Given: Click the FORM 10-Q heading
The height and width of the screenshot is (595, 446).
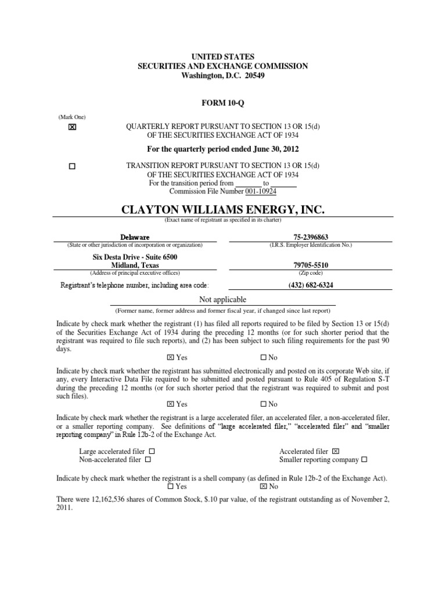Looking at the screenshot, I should pos(222,102).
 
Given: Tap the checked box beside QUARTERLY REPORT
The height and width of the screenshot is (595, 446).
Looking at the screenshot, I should pos(72,128).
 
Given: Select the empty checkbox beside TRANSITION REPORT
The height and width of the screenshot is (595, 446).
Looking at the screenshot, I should pos(72,166).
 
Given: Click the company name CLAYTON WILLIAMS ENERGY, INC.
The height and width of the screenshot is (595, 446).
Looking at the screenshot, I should pos(222,209).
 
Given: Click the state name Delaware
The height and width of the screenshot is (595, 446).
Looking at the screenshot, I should pos(135,238).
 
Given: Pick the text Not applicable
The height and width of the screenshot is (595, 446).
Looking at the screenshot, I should pos(222,300).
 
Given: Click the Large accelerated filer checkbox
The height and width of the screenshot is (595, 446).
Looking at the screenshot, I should pos(152,451).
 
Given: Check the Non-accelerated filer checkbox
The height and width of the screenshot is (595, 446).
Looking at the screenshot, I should pos(148,460).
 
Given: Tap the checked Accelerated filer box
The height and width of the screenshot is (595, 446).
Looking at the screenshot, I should pos(336,451).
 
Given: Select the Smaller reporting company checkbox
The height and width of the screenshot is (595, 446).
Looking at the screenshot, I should pos(364,460).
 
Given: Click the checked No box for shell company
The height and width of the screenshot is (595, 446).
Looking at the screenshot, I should pos(263,487).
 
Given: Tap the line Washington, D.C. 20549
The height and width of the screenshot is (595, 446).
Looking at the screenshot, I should pos(222,76).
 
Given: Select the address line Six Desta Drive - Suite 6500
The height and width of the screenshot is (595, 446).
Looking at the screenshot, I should pos(135,257).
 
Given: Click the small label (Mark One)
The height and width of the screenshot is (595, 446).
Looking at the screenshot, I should pos(71,117).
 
